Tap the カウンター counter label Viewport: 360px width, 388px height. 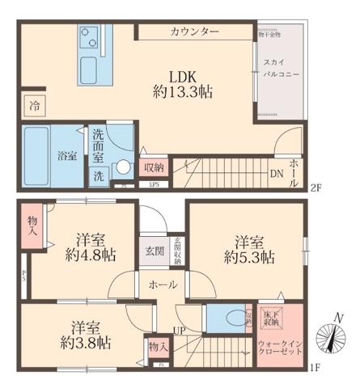click(194, 32)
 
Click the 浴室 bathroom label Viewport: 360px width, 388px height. click(66, 155)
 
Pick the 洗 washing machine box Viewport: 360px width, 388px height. click(97, 174)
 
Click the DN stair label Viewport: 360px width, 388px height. click(276, 172)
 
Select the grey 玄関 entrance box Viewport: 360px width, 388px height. click(154, 250)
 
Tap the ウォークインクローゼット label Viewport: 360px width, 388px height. click(280, 349)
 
